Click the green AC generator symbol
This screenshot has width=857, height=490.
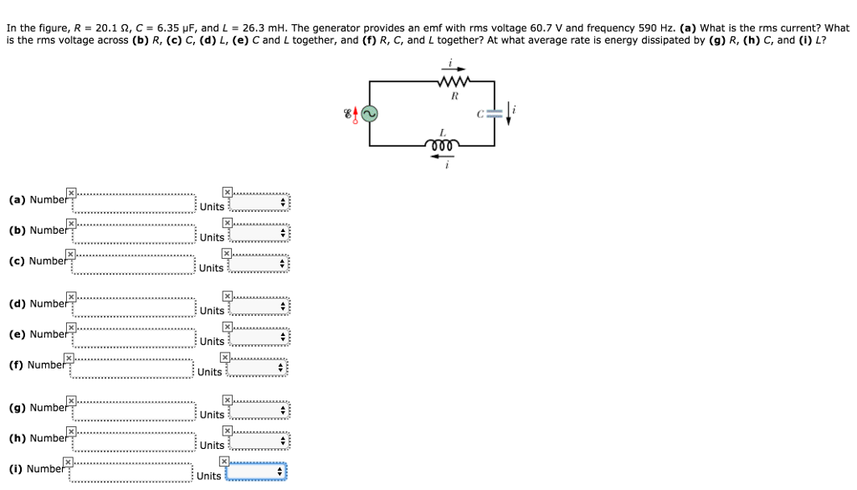(369, 114)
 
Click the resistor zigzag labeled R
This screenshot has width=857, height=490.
(453, 82)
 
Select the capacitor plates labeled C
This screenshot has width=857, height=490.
(495, 114)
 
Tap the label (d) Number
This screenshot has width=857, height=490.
(38, 304)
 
